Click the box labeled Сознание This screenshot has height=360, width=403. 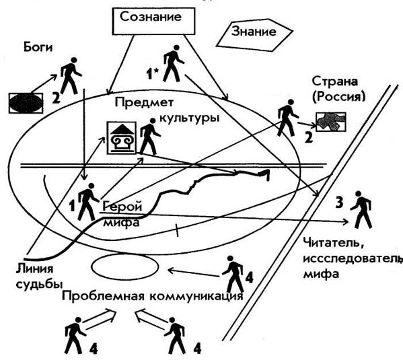click(x=153, y=21)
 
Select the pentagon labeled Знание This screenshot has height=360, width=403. click(x=254, y=35)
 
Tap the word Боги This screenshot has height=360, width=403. click(x=38, y=47)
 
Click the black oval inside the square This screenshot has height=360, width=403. click(x=26, y=102)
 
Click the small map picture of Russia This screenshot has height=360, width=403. click(x=331, y=122)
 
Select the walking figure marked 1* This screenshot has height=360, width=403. click(x=174, y=63)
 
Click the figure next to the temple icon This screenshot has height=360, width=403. click(x=150, y=137)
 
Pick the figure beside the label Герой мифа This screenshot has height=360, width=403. click(x=88, y=202)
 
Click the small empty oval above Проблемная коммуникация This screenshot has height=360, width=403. click(x=124, y=267)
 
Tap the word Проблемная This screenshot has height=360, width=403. click(x=104, y=296)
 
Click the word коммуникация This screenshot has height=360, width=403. click(x=196, y=297)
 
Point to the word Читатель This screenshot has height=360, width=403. click(x=333, y=243)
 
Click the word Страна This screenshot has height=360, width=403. click(x=335, y=81)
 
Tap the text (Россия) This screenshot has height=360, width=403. click(x=338, y=97)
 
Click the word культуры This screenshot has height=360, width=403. click(x=190, y=118)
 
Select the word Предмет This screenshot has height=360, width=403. click(x=144, y=102)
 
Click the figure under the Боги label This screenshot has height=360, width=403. click(x=71, y=75)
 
